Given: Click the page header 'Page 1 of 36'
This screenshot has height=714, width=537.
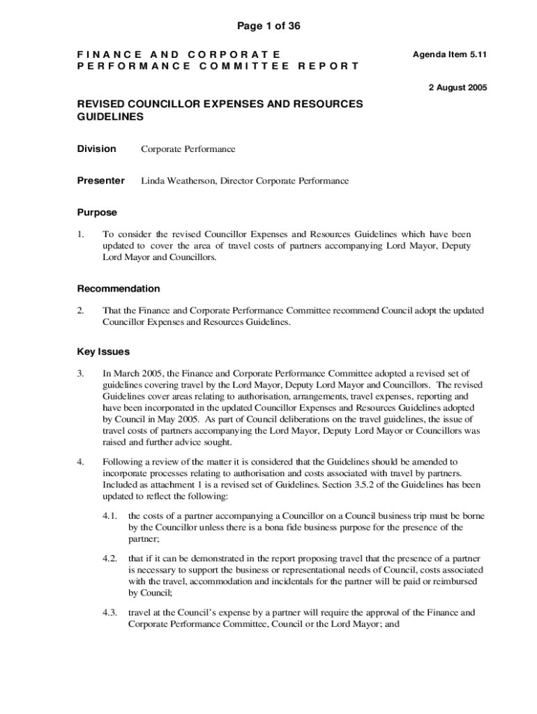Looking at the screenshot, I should pos(268,26).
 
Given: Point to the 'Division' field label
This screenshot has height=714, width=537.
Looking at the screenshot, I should pos(96,149).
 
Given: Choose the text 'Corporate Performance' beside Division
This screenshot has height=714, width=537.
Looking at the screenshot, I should pos(188,149).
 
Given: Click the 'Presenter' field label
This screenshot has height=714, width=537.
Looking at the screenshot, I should pos(100,181).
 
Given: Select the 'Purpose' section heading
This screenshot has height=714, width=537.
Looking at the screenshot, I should pos(97,212).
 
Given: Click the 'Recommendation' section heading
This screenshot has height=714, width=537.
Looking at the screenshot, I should pos(118,288).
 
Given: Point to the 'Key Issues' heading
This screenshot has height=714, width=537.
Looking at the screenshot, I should pos(103,351).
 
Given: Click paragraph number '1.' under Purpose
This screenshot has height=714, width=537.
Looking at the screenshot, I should pos(81,234).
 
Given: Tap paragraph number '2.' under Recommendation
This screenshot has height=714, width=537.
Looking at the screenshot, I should pos(81,310).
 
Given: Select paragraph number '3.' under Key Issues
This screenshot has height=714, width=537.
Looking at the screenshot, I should pos(81,374).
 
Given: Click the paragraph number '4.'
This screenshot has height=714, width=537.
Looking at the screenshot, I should pos(81,462).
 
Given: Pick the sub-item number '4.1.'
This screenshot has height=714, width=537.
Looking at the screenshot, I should pos(109,516).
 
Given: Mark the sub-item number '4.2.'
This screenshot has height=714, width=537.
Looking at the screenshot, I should pos(109,559).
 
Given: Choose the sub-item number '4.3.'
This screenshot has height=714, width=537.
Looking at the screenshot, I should pos(109,613).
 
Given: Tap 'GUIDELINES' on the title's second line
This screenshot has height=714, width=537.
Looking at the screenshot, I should pos(110,117).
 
